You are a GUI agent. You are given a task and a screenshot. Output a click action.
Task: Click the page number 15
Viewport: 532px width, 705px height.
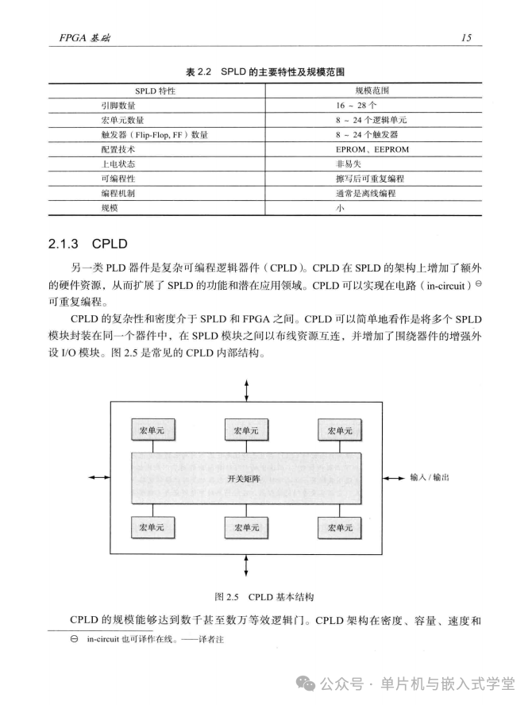466,37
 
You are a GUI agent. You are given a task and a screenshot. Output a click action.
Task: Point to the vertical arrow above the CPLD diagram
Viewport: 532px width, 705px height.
245,390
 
